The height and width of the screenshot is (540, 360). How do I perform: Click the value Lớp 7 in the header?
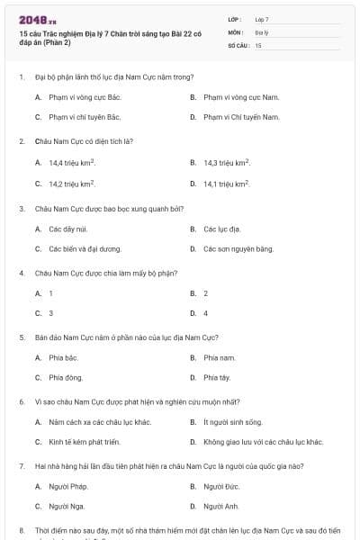point(262,19)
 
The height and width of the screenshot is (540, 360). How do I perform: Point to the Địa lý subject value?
point(262,31)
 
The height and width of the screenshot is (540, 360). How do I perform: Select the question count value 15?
point(258,44)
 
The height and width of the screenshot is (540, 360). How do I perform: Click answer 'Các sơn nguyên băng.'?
point(238,248)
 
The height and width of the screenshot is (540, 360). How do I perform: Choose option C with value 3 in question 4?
point(50,313)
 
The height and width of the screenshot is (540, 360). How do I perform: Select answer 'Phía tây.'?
point(217,378)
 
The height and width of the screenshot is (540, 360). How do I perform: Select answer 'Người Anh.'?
point(220,507)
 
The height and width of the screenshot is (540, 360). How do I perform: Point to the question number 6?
point(22,400)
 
